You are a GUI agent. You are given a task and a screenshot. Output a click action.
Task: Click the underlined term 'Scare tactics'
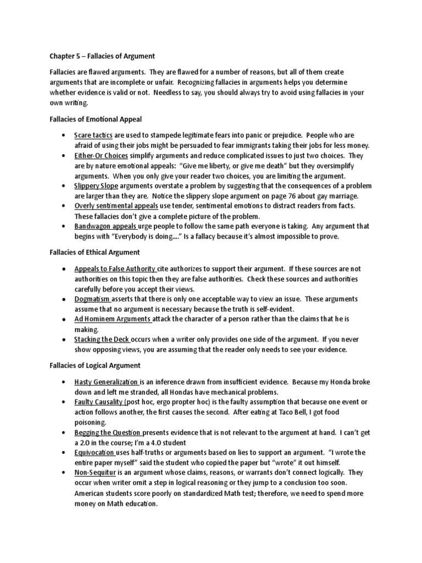coord(94,135)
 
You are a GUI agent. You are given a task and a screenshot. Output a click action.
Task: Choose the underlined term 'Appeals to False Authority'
coord(115,269)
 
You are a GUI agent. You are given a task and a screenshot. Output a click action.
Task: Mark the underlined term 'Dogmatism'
coord(92,299)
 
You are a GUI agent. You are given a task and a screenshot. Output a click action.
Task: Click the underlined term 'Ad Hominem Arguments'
coord(113,319)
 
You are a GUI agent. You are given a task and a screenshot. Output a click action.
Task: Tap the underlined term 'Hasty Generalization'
coord(107,382)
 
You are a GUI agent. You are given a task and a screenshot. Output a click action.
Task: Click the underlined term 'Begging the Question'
coord(107,432)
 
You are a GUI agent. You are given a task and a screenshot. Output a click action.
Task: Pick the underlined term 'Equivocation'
coord(95,452)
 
